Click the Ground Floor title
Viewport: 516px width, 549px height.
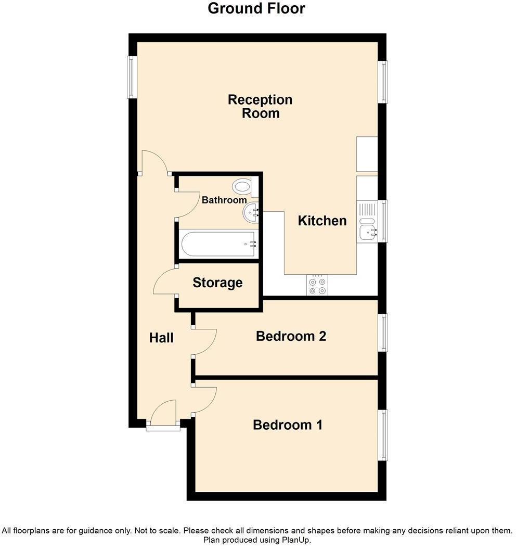pos(256,9)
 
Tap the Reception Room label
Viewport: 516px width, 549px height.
pos(260,106)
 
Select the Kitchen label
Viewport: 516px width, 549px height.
pos(322,221)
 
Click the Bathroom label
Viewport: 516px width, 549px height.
pos(224,200)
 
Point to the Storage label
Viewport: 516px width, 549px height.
pos(217,283)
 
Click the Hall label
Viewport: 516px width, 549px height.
pos(161,338)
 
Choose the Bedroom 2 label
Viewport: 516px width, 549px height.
pos(291,336)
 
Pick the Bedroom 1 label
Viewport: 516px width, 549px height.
pos(288,425)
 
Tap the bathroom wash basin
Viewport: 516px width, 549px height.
pos(251,212)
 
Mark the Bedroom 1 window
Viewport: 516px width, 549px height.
pos(383,435)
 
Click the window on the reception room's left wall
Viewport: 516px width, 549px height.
pos(133,77)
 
